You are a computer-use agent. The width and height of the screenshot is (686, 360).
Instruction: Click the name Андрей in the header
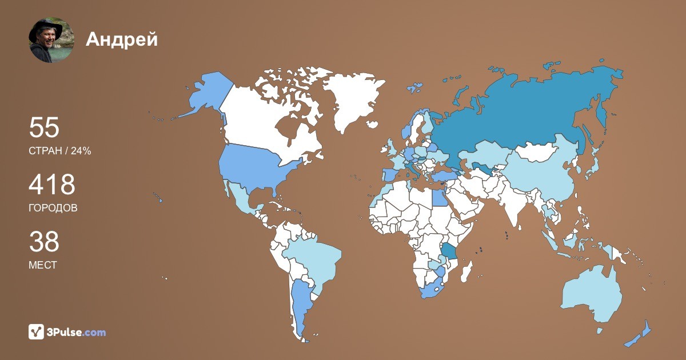(x=121, y=39)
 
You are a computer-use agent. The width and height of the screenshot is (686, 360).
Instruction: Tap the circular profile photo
(x=51, y=40)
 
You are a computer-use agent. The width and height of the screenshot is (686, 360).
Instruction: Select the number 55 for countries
(x=44, y=128)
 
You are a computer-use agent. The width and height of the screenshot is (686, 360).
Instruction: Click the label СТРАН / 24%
(x=59, y=151)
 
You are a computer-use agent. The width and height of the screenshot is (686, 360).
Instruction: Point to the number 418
(x=52, y=185)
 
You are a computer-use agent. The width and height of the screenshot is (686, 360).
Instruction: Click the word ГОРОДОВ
(x=53, y=208)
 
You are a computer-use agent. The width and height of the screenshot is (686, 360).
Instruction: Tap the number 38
(x=44, y=242)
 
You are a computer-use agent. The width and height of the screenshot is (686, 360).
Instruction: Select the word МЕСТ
(x=42, y=265)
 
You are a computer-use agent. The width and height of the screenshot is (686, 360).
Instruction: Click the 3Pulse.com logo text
(x=77, y=332)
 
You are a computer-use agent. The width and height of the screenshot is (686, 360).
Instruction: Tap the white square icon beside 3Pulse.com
(x=37, y=331)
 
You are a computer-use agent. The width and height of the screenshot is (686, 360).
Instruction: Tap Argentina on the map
(x=300, y=303)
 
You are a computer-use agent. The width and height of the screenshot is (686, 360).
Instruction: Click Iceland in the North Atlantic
(x=372, y=124)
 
